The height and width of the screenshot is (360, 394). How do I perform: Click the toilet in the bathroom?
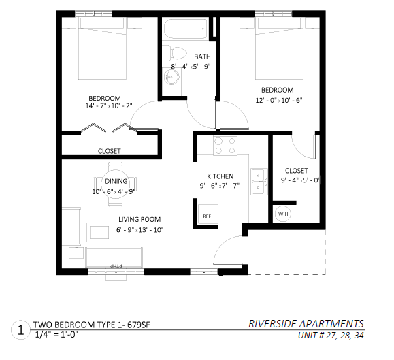174,53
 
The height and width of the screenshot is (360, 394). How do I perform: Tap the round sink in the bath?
172,77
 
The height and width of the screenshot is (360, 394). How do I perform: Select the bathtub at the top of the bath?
186,29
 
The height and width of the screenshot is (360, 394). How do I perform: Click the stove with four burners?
225,146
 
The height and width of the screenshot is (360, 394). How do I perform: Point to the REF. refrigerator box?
208,214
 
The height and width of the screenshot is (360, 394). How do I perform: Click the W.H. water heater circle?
283,214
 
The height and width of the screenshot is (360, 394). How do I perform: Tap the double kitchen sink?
259,182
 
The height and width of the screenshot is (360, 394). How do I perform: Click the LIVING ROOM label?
139,219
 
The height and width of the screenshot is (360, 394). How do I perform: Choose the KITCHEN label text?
220,176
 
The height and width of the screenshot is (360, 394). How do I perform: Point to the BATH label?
202,56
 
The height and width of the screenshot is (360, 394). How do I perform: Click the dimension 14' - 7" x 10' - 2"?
109,105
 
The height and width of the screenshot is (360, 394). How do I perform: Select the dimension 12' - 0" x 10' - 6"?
279,100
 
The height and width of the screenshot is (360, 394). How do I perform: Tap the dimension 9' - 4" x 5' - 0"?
300,180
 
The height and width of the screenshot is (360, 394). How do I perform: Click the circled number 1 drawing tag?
20,330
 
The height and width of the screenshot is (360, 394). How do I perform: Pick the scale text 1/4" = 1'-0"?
56,335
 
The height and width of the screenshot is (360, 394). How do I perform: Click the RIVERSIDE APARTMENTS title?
306,323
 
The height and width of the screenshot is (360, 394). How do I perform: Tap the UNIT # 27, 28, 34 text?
331,335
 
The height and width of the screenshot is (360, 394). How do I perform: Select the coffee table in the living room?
99,232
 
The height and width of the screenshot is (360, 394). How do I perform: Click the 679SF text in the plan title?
138,325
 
